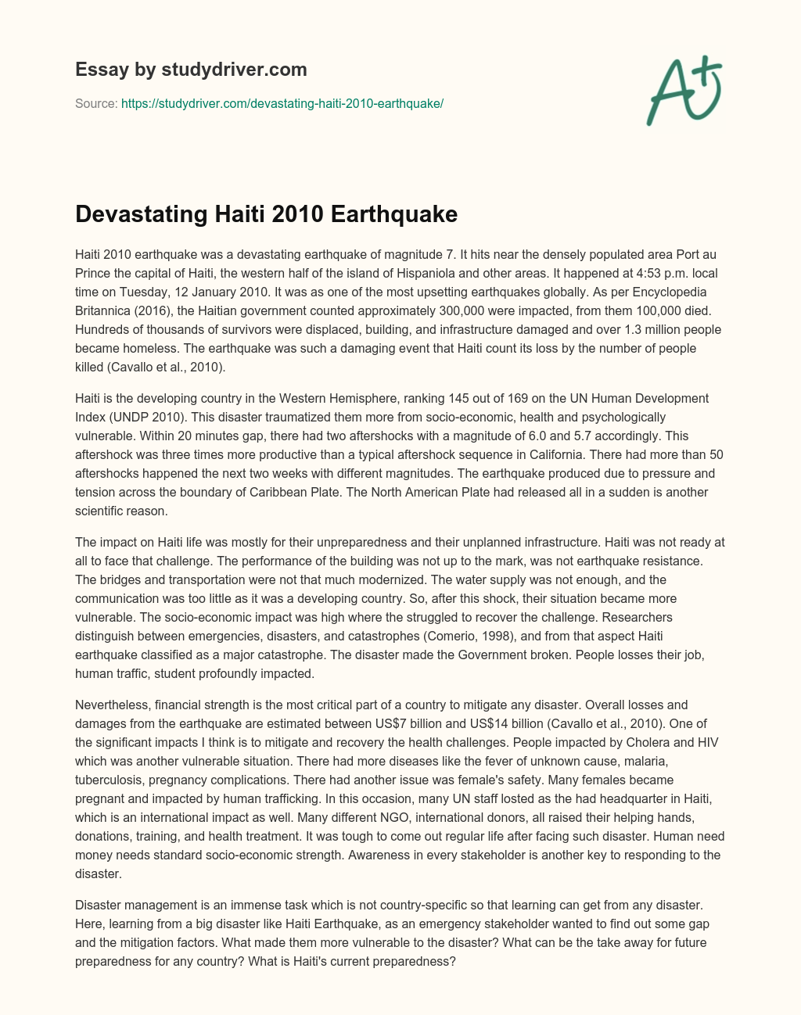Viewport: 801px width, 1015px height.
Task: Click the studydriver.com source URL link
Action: click(282, 103)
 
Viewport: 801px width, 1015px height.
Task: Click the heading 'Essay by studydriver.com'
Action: click(191, 70)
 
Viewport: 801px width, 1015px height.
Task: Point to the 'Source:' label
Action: click(96, 103)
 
